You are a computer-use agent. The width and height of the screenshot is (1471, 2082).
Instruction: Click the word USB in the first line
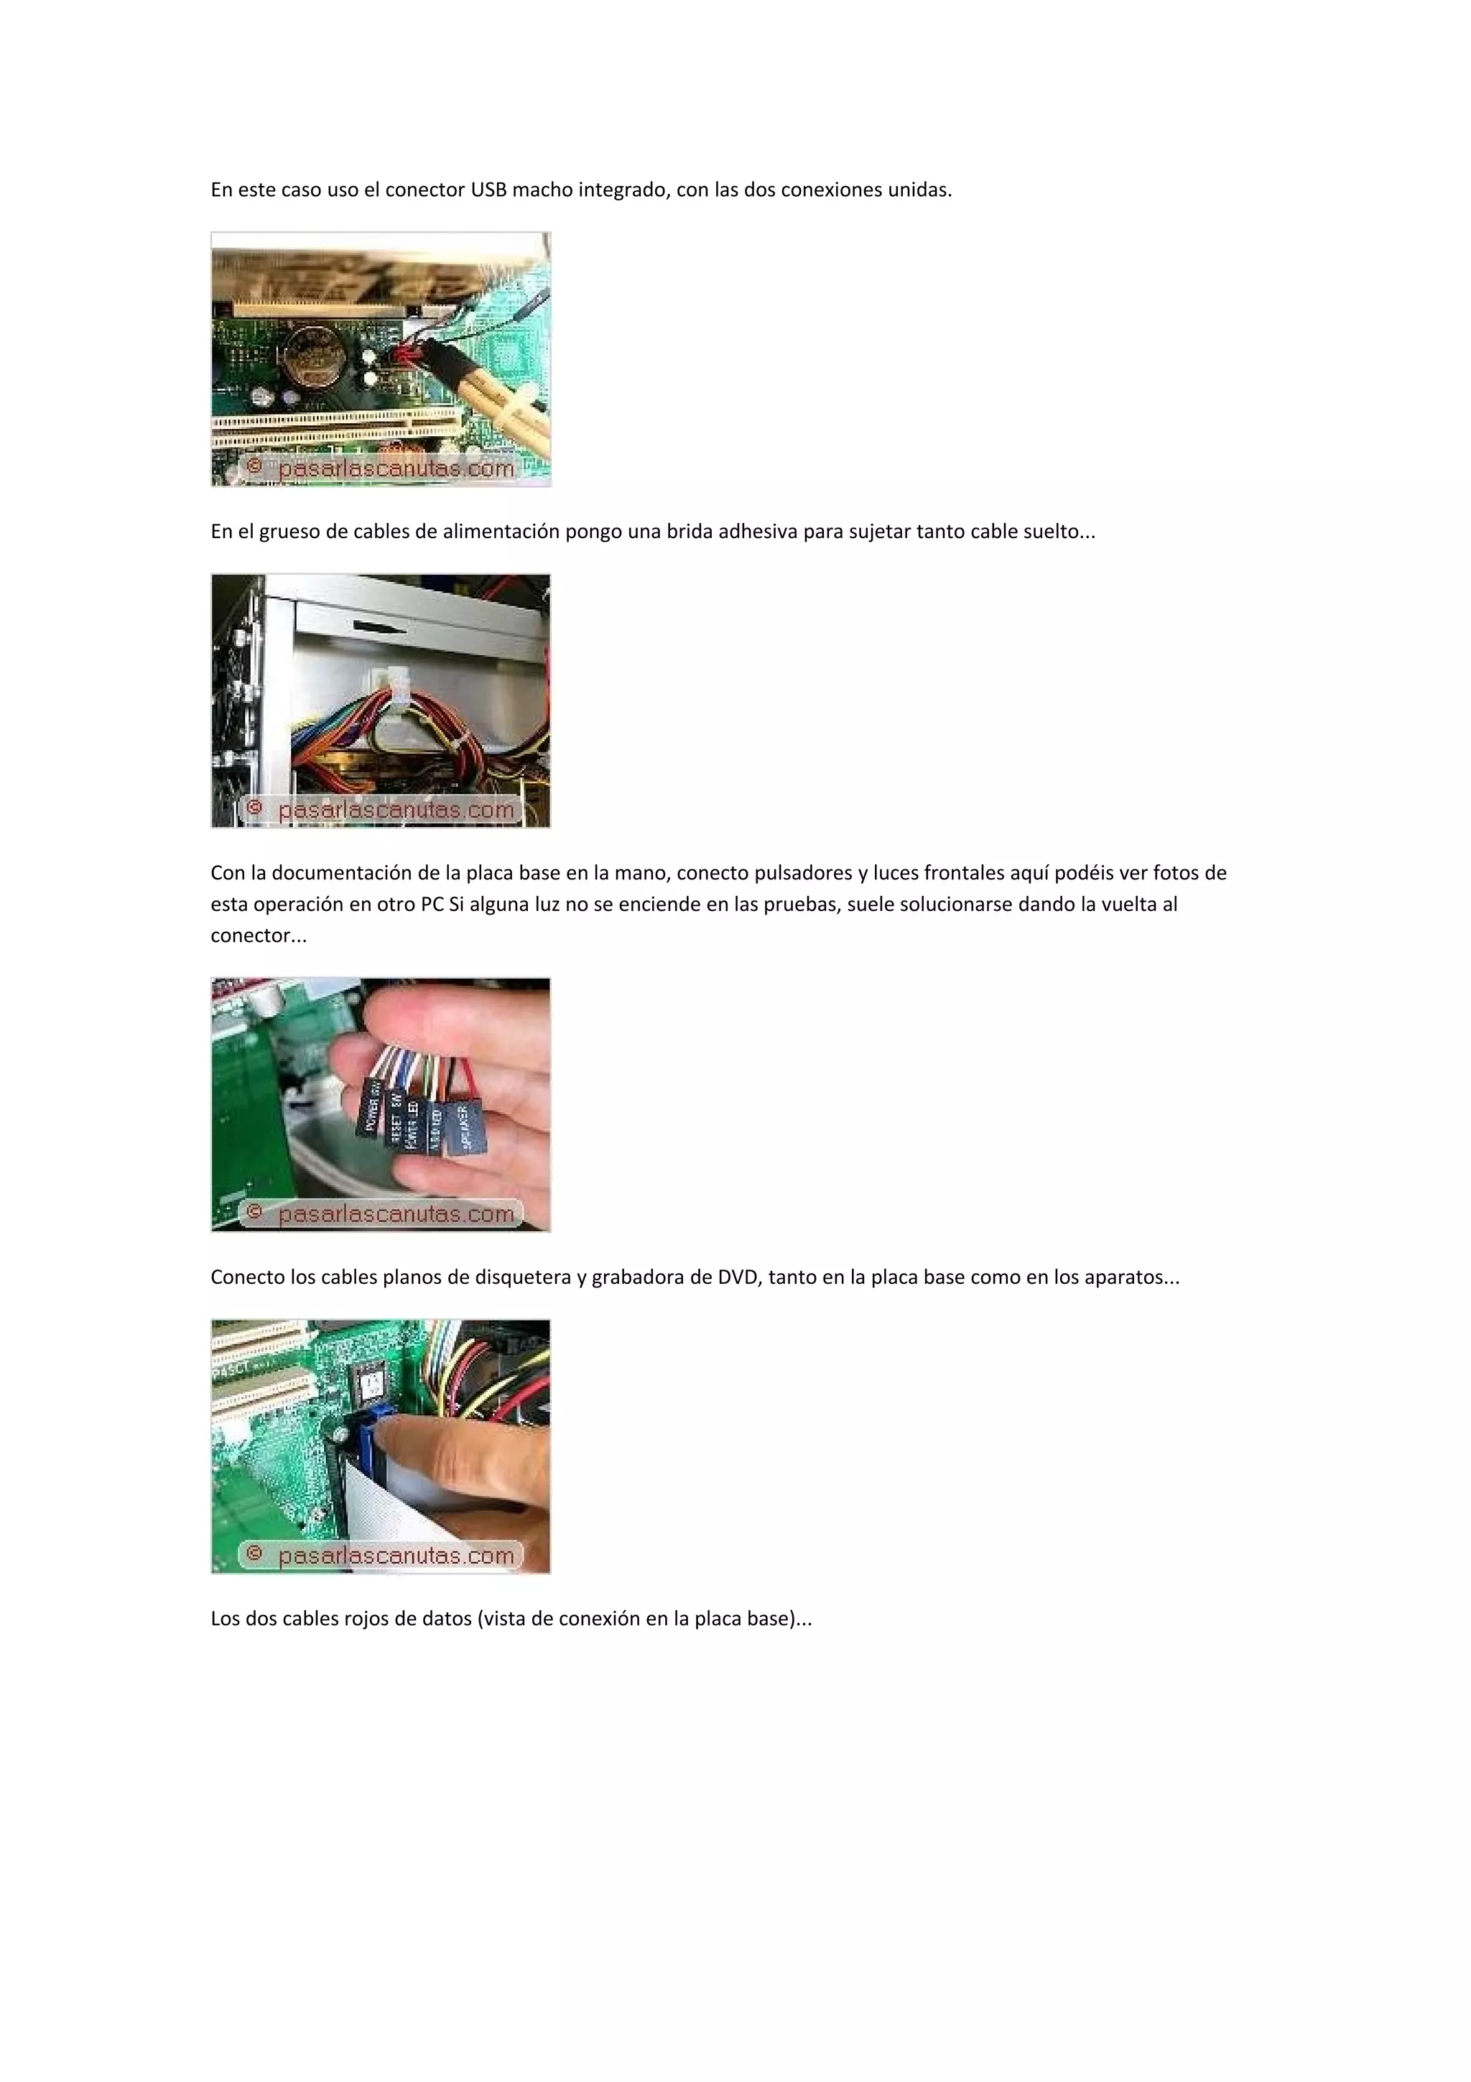tap(488, 190)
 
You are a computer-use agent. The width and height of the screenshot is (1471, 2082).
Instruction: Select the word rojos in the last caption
tap(366, 1619)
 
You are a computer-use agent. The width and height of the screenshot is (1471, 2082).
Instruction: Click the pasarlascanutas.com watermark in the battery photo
tap(396, 469)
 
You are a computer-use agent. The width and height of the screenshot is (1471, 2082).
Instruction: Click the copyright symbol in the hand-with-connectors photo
tap(255, 1211)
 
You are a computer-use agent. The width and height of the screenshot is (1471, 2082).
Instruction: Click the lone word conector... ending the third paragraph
tap(259, 936)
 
